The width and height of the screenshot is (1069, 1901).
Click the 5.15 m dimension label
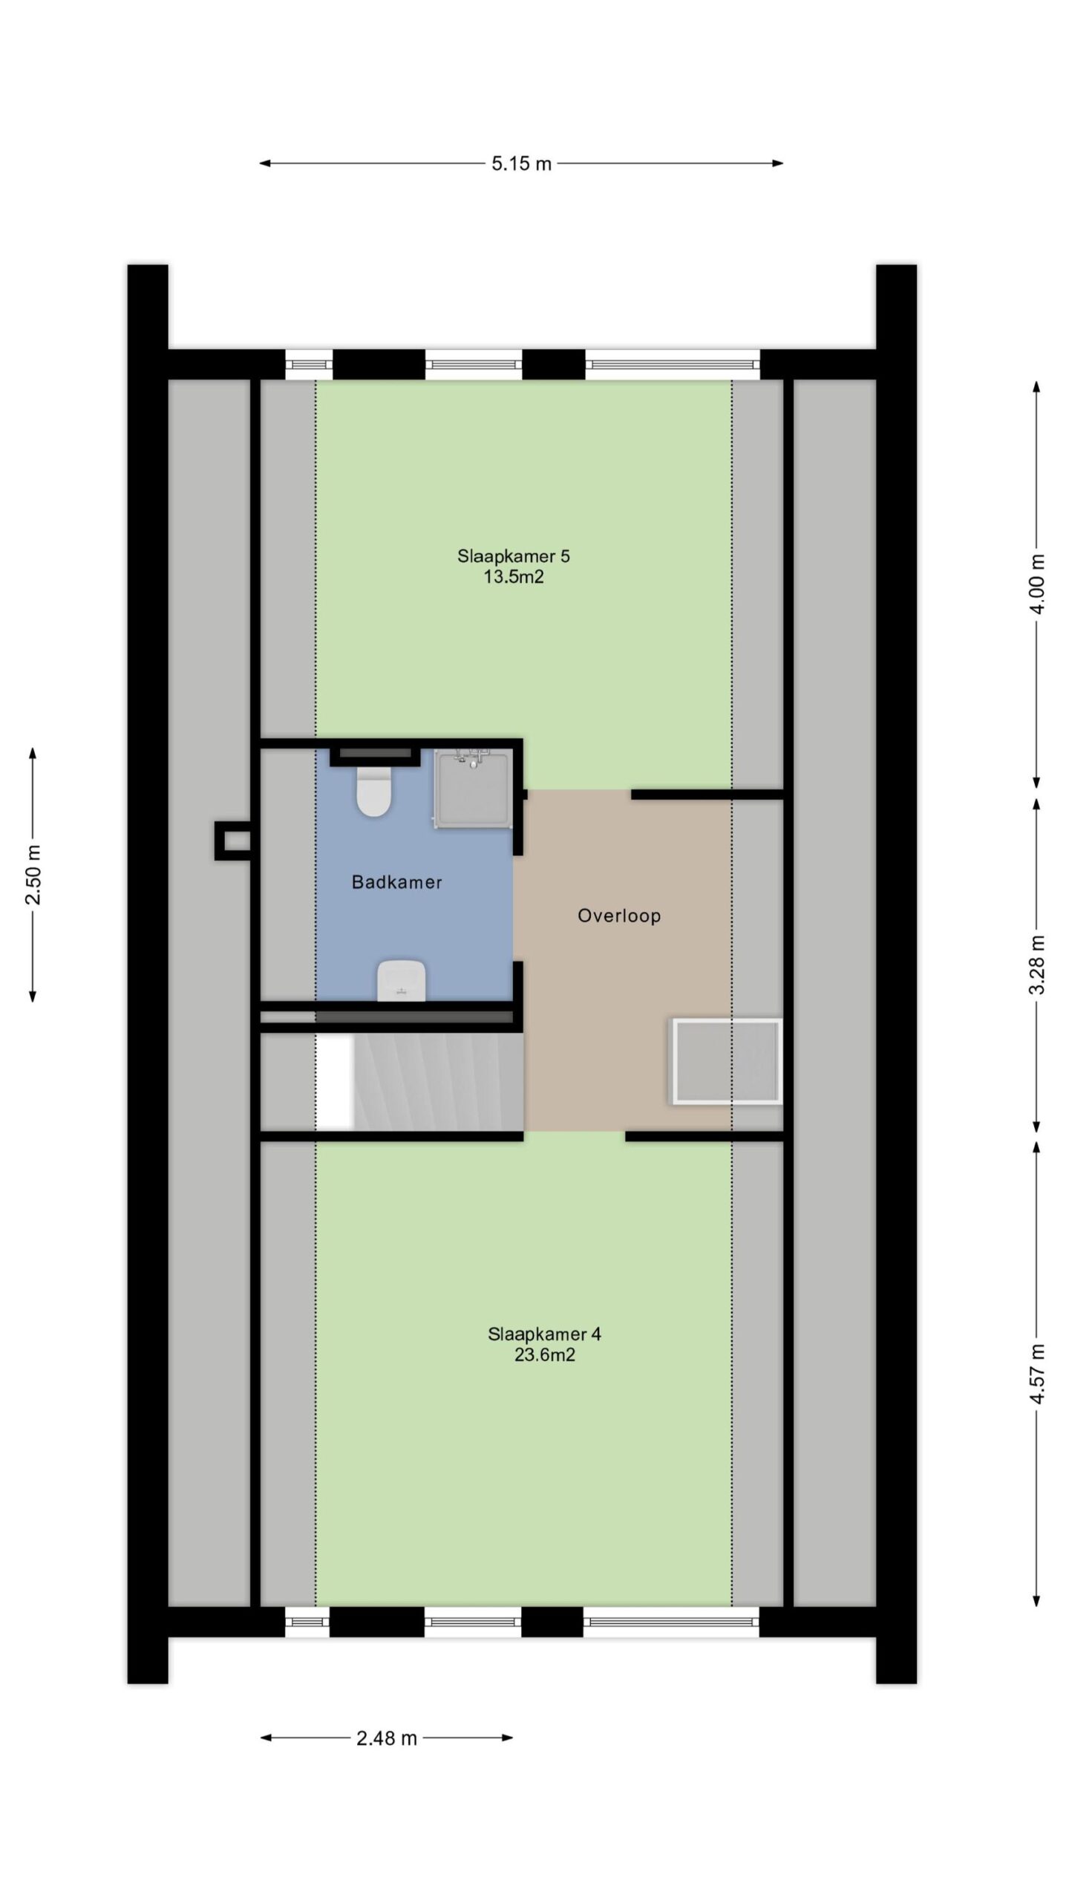point(521,163)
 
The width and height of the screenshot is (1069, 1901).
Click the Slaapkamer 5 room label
point(514,555)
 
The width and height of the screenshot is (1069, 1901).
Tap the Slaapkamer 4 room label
point(545,1334)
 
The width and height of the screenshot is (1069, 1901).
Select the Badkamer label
point(397,882)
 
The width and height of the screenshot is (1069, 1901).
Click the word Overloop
point(619,916)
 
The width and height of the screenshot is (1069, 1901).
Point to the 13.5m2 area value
point(514,577)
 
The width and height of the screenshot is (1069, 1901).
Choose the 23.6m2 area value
point(545,1355)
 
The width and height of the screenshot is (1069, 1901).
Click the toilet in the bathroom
point(373,791)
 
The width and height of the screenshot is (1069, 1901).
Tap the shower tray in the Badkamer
point(473,788)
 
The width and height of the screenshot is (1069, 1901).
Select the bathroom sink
point(401,980)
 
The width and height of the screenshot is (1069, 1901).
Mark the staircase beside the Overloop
point(419,1083)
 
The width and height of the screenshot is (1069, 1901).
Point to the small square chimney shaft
point(232,841)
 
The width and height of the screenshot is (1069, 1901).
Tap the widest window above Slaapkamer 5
point(673,365)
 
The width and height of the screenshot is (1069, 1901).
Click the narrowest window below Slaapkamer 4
point(307,1622)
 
